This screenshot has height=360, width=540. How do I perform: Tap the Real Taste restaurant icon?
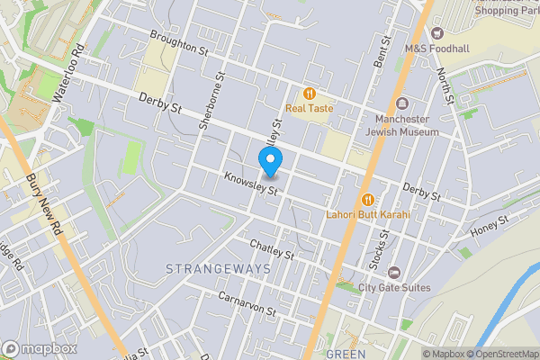(309, 93)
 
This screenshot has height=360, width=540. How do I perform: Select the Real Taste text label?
(309, 108)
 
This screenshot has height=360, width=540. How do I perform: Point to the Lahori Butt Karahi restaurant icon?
(367, 200)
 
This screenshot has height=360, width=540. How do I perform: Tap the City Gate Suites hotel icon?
(393, 272)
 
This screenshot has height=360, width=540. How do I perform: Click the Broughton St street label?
(179, 42)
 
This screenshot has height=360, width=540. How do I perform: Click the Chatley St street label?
(273, 249)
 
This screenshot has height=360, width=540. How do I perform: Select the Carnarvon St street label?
(247, 302)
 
